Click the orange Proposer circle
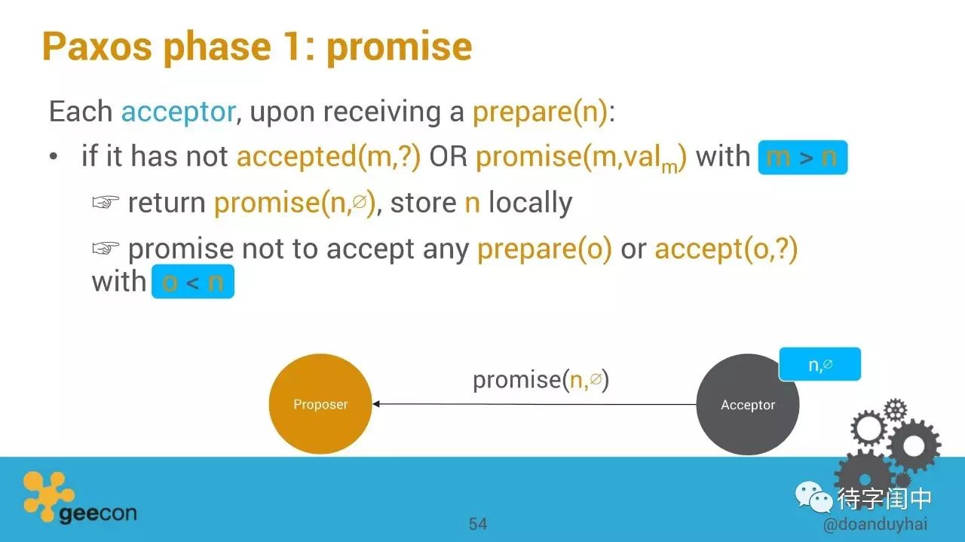tap(320, 404)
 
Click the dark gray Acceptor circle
tap(747, 404)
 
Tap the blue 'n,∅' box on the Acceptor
tap(820, 364)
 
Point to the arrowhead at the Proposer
tap(375, 404)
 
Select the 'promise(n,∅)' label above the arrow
tap(541, 380)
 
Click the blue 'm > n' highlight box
tap(803, 158)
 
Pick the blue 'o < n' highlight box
tap(193, 282)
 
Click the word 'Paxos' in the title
tap(97, 47)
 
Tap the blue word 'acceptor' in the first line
tap(179, 112)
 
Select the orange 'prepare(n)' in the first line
tap(541, 112)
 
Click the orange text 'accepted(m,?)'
tap(328, 157)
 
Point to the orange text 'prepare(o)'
tap(544, 250)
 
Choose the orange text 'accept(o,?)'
tap(726, 250)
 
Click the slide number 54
tap(478, 524)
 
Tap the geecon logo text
tap(98, 513)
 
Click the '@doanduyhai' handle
tap(875, 524)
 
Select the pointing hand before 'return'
tap(106, 202)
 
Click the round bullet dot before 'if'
tap(54, 156)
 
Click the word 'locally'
tap(531, 204)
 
